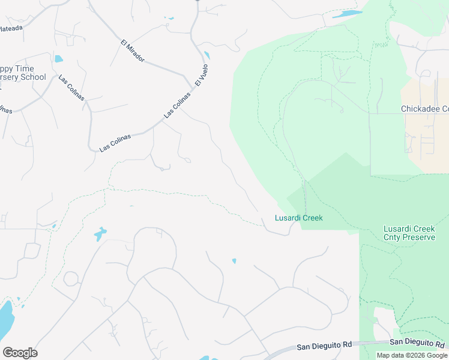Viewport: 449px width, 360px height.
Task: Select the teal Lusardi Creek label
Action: click(x=299, y=218)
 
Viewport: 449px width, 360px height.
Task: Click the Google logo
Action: click(x=20, y=353)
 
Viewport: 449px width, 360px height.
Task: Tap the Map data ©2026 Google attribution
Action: click(x=412, y=355)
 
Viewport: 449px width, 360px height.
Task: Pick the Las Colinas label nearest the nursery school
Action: click(x=71, y=88)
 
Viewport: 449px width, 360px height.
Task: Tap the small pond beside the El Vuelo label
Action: click(x=207, y=56)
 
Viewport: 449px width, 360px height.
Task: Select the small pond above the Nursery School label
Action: click(x=58, y=59)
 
